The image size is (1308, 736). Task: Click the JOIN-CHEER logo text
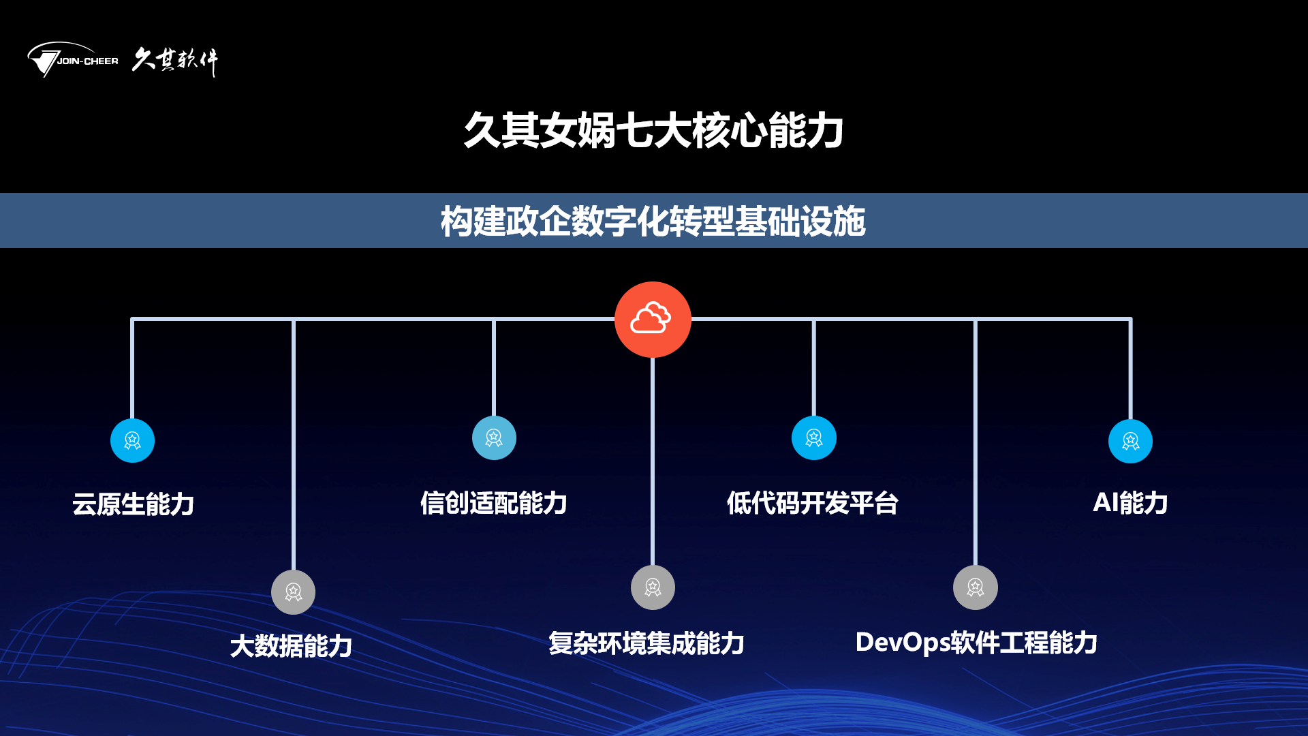point(87,61)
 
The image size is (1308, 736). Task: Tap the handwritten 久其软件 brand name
point(175,61)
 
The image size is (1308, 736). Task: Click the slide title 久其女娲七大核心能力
point(653,130)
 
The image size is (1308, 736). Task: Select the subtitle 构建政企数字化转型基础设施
point(653,221)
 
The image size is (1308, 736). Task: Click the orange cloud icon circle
point(653,320)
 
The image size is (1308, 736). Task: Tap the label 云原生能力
point(134,504)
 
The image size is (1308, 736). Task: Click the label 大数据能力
point(291,645)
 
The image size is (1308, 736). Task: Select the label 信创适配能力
point(494,503)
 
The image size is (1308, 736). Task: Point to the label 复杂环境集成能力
point(647,643)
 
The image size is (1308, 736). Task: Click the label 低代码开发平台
point(813,503)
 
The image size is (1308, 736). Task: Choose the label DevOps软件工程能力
point(976,642)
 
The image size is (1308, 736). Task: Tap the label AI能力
point(1130,503)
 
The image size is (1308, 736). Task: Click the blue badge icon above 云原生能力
point(132,440)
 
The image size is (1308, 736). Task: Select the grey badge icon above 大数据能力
point(293,592)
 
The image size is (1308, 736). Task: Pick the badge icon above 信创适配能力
point(494,438)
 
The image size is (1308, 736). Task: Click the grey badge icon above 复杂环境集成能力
point(653,587)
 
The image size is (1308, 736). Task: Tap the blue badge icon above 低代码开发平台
point(814,438)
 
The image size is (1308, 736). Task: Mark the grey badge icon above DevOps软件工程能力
point(976,587)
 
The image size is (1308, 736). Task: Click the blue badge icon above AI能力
point(1130,441)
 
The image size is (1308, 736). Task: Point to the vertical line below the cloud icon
point(653,461)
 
